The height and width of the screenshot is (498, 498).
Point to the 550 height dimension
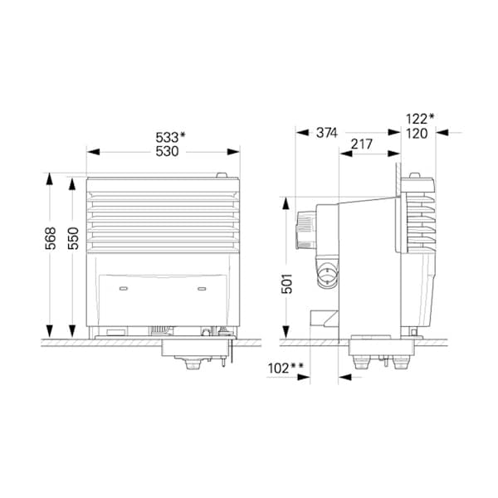[x=74, y=239]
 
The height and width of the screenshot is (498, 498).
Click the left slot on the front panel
[x=124, y=289]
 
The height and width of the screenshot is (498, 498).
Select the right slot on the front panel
[x=201, y=289]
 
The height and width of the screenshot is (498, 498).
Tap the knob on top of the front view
[x=221, y=175]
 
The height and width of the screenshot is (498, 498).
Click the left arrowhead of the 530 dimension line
[x=92, y=152]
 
